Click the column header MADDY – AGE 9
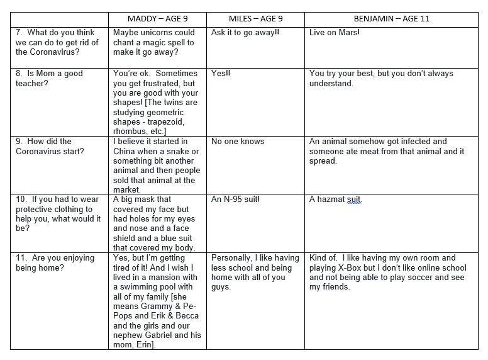tap(157, 19)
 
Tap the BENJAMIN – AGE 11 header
tap(392, 19)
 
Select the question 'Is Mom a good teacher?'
tap(49, 78)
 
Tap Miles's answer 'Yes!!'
tap(221, 73)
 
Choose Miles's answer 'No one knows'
tap(238, 142)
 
